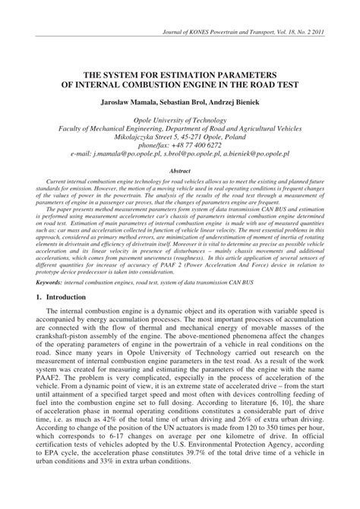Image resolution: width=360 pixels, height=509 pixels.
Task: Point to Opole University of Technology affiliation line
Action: pyautogui.click(x=179, y=119)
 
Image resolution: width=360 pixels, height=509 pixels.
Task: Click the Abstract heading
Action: pyautogui.click(x=180, y=172)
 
